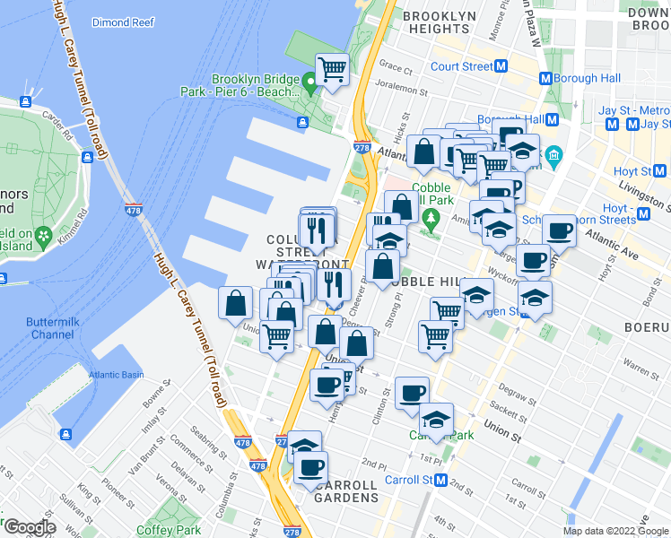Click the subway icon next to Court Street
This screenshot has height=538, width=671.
pos(502,66)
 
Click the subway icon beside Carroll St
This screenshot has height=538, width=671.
pos(440,480)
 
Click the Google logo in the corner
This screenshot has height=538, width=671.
pos(29,528)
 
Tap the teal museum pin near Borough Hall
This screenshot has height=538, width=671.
pos(553,156)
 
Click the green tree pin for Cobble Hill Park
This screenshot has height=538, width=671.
pos(431,217)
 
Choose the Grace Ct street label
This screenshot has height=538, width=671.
pos(395,66)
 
